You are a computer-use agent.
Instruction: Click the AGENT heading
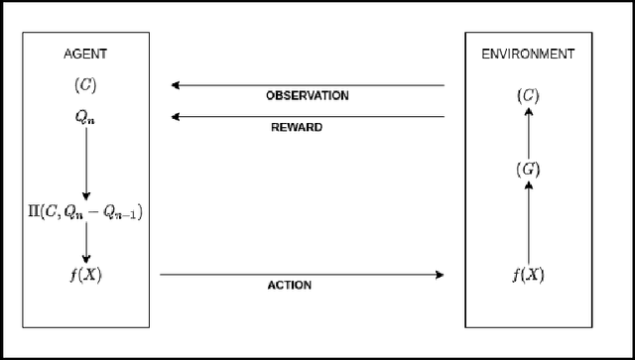pyautogui.click(x=86, y=54)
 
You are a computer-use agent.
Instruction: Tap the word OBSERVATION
pyautogui.click(x=307, y=96)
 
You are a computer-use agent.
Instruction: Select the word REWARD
pyautogui.click(x=296, y=127)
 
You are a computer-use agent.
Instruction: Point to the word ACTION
pyautogui.click(x=290, y=286)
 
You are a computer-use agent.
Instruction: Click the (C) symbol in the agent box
pyautogui.click(x=86, y=85)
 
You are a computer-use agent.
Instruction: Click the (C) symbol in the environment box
pyautogui.click(x=528, y=96)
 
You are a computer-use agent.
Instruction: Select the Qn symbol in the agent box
pyautogui.click(x=86, y=116)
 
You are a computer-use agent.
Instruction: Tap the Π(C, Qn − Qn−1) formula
pyautogui.click(x=86, y=210)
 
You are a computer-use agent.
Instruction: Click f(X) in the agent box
pyautogui.click(x=86, y=275)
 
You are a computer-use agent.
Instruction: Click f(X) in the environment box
pyautogui.click(x=528, y=275)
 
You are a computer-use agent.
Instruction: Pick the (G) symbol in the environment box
pyautogui.click(x=528, y=169)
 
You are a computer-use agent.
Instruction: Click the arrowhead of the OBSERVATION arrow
pyautogui.click(x=176, y=86)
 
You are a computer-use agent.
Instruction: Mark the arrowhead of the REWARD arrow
pyautogui.click(x=176, y=117)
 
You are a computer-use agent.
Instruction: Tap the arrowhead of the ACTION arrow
pyautogui.click(x=439, y=275)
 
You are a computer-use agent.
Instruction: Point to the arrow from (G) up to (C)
pyautogui.click(x=528, y=133)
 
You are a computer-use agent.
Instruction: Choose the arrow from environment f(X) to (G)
pyautogui.click(x=528, y=222)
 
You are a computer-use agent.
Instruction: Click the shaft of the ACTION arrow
pyautogui.click(x=298, y=275)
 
